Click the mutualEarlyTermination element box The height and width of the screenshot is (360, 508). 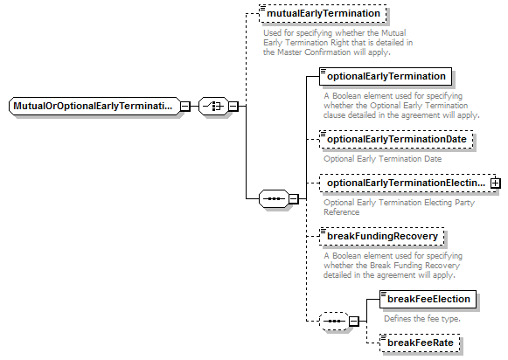[x=323, y=14]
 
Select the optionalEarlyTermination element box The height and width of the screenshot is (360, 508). [x=386, y=76]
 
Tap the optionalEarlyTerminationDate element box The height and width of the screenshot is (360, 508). [x=396, y=140]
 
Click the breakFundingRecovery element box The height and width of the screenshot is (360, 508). [x=381, y=236]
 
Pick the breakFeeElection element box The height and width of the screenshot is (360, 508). [x=428, y=299]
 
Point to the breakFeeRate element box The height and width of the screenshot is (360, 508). [x=420, y=343]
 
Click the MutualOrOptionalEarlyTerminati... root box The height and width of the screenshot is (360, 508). [x=94, y=106]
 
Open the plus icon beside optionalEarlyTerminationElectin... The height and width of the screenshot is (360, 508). [x=496, y=183]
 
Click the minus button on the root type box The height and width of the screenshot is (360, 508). [x=185, y=107]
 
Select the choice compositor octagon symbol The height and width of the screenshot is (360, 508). [x=213, y=107]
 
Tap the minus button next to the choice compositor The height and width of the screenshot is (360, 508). [x=233, y=107]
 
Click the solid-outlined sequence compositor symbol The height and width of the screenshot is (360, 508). [x=274, y=198]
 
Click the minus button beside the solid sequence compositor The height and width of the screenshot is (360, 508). [x=294, y=198]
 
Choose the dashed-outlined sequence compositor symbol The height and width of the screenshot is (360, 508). [x=334, y=322]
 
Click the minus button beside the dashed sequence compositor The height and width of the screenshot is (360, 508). [x=354, y=322]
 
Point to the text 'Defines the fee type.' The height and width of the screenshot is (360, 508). [x=422, y=319]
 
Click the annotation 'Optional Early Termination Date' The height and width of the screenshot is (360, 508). [x=383, y=159]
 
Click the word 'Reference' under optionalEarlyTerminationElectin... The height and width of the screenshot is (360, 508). [x=342, y=212]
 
